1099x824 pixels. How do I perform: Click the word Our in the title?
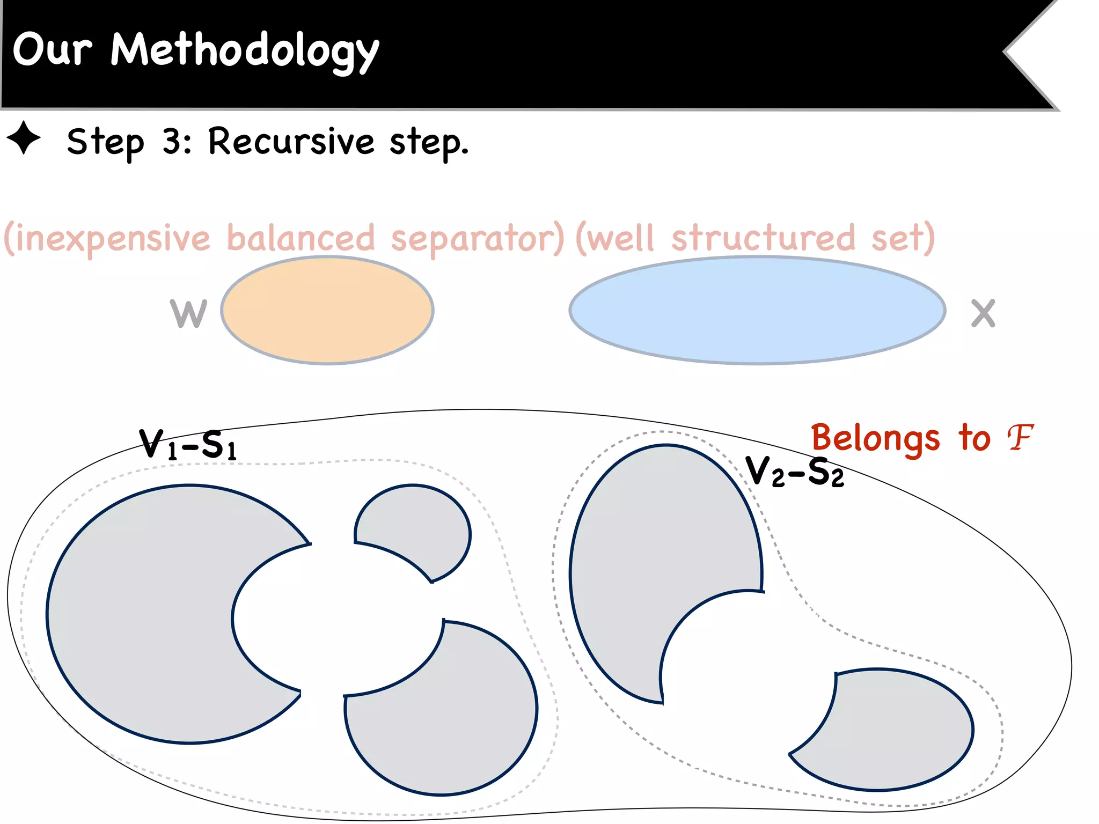click(52, 49)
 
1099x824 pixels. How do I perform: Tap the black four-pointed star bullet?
click(24, 138)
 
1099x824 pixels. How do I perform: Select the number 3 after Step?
click(174, 142)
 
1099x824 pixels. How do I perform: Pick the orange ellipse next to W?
click(327, 311)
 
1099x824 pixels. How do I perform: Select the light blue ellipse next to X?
click(757, 311)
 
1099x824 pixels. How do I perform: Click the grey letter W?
click(188, 313)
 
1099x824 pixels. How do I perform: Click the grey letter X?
click(983, 313)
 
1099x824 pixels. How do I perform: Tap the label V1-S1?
click(187, 445)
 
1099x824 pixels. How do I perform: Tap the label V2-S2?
click(795, 472)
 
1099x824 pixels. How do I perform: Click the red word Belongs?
click(875, 438)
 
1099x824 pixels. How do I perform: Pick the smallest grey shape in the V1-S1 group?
click(424, 526)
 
